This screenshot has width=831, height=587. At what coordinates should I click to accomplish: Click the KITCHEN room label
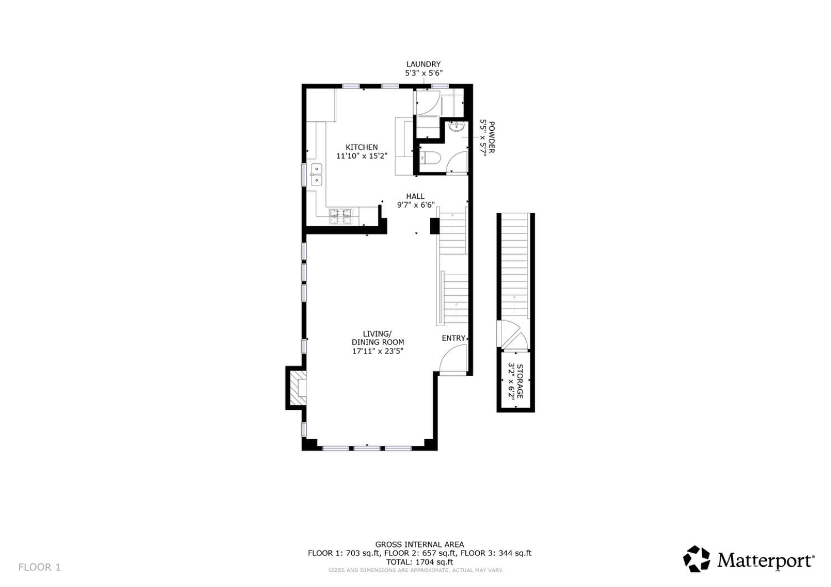coord(362,147)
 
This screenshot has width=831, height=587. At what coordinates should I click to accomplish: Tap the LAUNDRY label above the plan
coord(423,64)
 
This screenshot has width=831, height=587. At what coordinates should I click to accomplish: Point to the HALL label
coord(415,196)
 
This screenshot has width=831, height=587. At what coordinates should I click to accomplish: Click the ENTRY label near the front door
coord(453,338)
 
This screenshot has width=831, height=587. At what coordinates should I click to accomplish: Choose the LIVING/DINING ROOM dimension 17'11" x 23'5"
coord(377,351)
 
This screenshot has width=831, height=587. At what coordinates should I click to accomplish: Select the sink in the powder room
coord(456,127)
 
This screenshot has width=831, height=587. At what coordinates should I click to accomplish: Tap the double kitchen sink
coord(316,174)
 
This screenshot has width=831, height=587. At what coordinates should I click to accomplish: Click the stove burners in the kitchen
coord(341,217)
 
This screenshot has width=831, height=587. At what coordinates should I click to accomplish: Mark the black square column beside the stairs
coord(435,225)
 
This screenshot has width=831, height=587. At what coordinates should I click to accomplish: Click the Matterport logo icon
coord(696,559)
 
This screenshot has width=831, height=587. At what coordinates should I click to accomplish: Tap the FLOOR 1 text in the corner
coord(39,567)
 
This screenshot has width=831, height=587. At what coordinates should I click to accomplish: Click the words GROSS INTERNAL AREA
coord(419,545)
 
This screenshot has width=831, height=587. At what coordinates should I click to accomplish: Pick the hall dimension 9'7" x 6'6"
coord(416,205)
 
